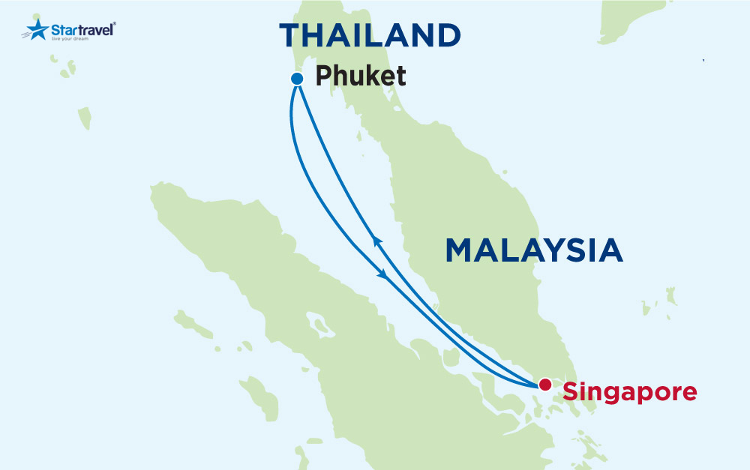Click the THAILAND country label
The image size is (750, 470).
[x=370, y=35]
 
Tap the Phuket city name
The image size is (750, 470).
[x=361, y=76]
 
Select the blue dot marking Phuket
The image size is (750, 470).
[x=296, y=78]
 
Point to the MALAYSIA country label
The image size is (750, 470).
[x=534, y=250]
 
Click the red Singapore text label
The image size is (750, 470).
[x=630, y=391]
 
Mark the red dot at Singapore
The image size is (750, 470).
[x=545, y=385]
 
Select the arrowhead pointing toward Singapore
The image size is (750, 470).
[x=385, y=275]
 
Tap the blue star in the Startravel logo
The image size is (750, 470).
[x=36, y=30]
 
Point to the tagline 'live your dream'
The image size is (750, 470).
[x=76, y=39]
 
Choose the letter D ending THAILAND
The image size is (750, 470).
[x=447, y=35]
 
